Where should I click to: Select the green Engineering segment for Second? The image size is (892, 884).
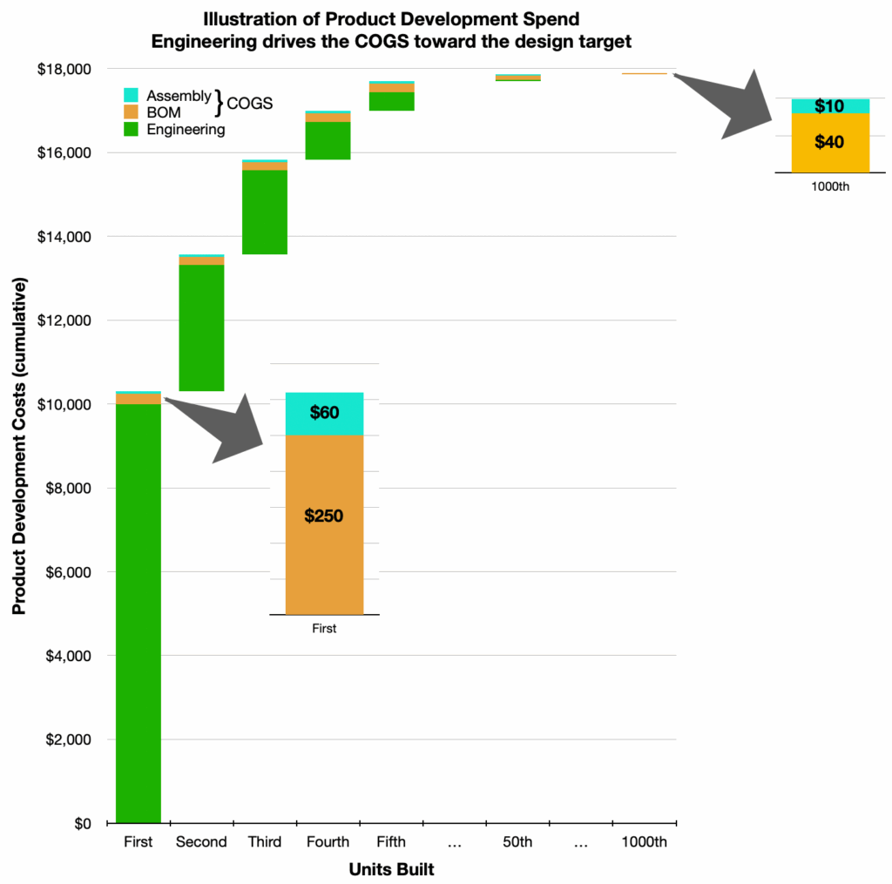click(x=201, y=327)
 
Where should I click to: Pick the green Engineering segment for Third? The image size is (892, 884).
click(x=265, y=212)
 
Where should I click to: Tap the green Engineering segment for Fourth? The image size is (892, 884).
click(x=328, y=140)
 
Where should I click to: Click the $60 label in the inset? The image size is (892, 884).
click(x=324, y=413)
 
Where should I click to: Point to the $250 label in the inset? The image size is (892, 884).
click(x=324, y=516)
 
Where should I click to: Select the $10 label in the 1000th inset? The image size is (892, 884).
click(x=828, y=106)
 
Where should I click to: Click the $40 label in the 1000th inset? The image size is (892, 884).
click(x=828, y=142)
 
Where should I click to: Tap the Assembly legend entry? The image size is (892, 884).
click(x=179, y=97)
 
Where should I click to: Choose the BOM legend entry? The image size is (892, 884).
click(x=164, y=112)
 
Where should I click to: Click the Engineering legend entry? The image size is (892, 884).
click(x=186, y=130)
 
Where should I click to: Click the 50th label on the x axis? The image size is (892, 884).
click(x=517, y=842)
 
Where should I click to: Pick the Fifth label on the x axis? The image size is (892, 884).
click(x=391, y=842)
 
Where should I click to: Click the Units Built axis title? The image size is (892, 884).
click(x=391, y=869)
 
